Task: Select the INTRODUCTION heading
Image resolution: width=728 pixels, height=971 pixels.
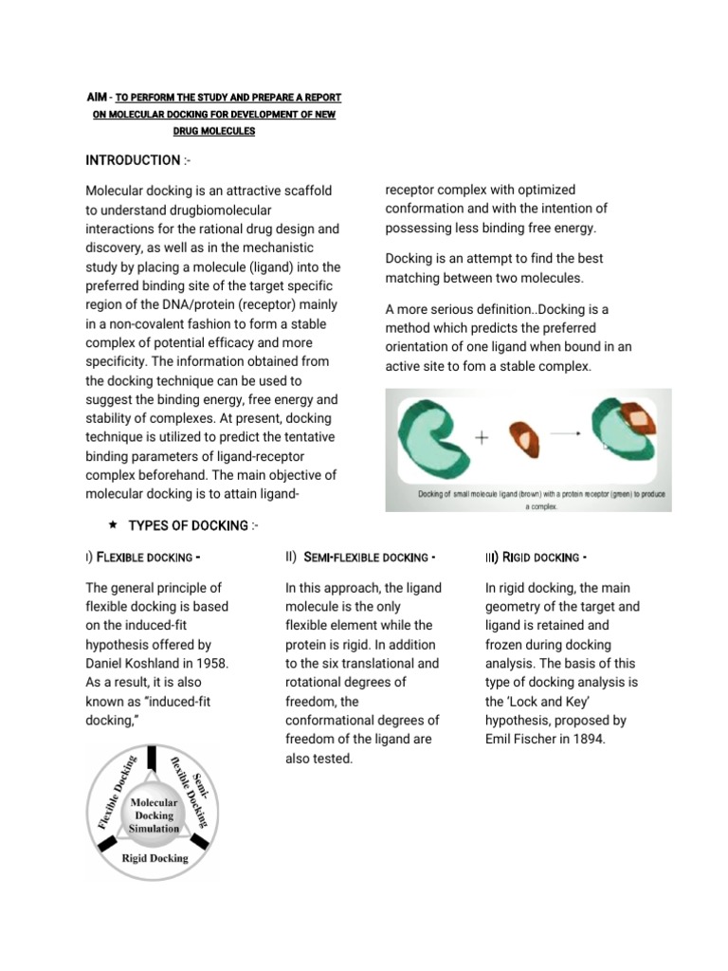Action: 133,160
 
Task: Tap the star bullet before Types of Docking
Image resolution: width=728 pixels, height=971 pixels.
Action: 113,524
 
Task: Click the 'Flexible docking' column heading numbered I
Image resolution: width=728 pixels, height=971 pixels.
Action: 147,557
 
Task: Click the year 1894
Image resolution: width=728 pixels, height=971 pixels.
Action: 583,739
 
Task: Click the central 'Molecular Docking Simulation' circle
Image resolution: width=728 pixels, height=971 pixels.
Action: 155,815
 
